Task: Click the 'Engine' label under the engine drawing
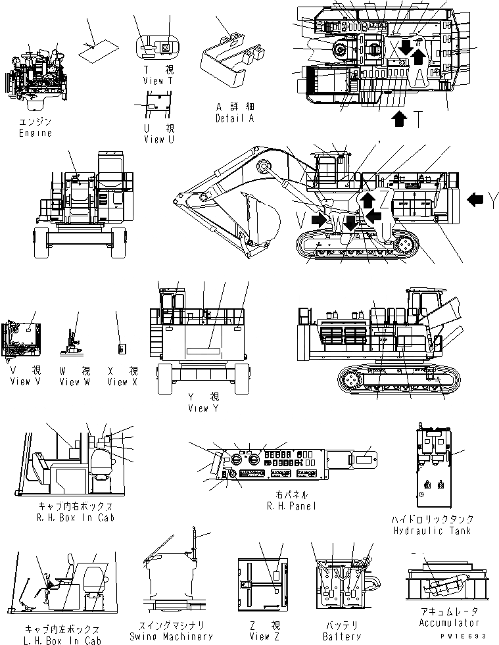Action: [36, 133]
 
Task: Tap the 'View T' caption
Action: [158, 80]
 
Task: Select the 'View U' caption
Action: [158, 139]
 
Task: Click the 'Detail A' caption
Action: [235, 118]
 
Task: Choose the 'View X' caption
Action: [123, 381]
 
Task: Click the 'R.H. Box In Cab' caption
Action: [77, 517]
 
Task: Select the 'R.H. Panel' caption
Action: [293, 506]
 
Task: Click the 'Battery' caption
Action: [343, 636]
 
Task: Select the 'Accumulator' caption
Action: [449, 623]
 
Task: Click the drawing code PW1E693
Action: [468, 637]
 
